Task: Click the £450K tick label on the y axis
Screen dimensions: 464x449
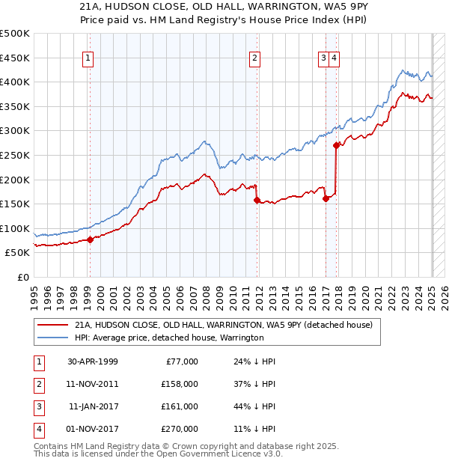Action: click(x=15, y=58)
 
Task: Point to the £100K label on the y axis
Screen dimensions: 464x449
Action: click(x=15, y=228)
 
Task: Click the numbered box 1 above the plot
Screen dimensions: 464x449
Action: click(x=88, y=58)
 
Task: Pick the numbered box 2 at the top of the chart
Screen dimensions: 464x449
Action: click(x=255, y=58)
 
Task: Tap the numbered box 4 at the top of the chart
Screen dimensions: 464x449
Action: click(x=333, y=58)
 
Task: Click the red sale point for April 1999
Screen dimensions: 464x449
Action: click(x=90, y=239)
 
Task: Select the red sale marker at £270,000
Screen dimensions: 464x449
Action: click(x=337, y=145)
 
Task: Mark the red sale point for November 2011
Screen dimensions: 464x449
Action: click(x=257, y=200)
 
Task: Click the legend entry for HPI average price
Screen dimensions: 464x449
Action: click(x=168, y=338)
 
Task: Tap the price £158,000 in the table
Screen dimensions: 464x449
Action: click(x=180, y=384)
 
